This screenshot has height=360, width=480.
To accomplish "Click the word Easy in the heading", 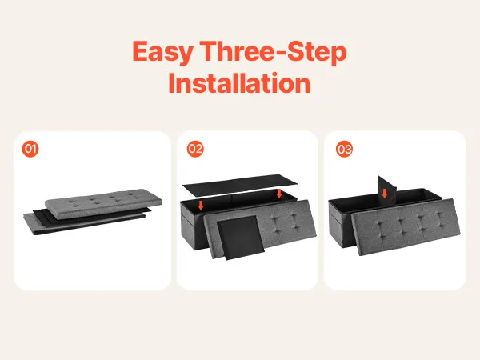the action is click(x=162, y=52).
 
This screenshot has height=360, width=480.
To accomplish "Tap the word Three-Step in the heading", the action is click(x=274, y=51).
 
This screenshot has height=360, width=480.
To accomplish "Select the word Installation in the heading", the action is click(x=239, y=83).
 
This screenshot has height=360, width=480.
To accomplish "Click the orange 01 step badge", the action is click(x=30, y=149).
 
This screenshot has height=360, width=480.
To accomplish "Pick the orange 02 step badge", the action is click(x=195, y=149).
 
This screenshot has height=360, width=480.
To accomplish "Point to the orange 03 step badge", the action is click(x=344, y=149).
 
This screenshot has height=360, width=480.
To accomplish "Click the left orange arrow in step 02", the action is click(x=201, y=205).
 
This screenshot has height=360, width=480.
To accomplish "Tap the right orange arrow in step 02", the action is click(x=279, y=193).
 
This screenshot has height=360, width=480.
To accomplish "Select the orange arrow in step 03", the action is click(x=385, y=193).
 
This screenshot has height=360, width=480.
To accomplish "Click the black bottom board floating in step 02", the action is click(x=240, y=186).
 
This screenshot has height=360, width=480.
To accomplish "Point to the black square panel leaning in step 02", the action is click(x=241, y=238).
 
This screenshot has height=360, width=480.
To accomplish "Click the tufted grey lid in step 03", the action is click(x=406, y=227).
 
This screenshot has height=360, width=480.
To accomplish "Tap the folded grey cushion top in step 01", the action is click(x=103, y=202).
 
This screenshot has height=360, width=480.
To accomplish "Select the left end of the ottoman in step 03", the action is click(x=335, y=224).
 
